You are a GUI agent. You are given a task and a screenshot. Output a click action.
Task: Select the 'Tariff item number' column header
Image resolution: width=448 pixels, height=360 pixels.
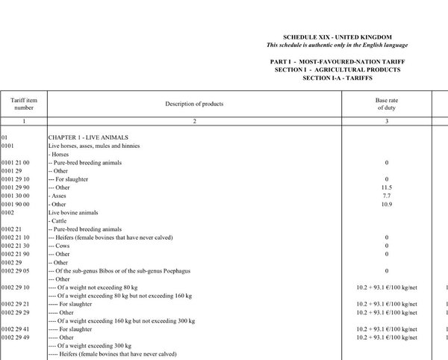click(x=24, y=103)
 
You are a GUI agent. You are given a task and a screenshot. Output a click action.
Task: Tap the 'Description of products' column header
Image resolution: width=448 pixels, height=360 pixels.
click(x=194, y=104)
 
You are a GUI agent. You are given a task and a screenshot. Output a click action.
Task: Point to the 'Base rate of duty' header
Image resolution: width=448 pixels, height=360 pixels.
click(x=387, y=103)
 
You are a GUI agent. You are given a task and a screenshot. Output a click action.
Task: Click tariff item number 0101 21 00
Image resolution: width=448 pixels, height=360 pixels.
click(x=16, y=162)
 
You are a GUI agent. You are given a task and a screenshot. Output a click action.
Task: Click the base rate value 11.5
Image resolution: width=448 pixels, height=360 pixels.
click(x=387, y=187)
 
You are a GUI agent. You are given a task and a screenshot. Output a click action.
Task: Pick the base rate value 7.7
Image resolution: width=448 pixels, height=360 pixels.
click(x=387, y=196)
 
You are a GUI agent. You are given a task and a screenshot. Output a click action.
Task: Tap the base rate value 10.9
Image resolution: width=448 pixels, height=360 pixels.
click(x=387, y=204)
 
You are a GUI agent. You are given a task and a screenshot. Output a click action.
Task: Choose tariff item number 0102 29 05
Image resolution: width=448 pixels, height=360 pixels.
click(x=16, y=270)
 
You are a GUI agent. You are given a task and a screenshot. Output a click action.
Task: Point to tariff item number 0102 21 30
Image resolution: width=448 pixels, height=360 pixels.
click(x=16, y=246)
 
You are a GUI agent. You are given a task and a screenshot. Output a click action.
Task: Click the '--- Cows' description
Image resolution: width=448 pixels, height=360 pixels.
click(x=63, y=246)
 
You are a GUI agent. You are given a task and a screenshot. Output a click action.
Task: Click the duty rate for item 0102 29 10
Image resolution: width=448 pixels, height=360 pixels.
click(x=387, y=288)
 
